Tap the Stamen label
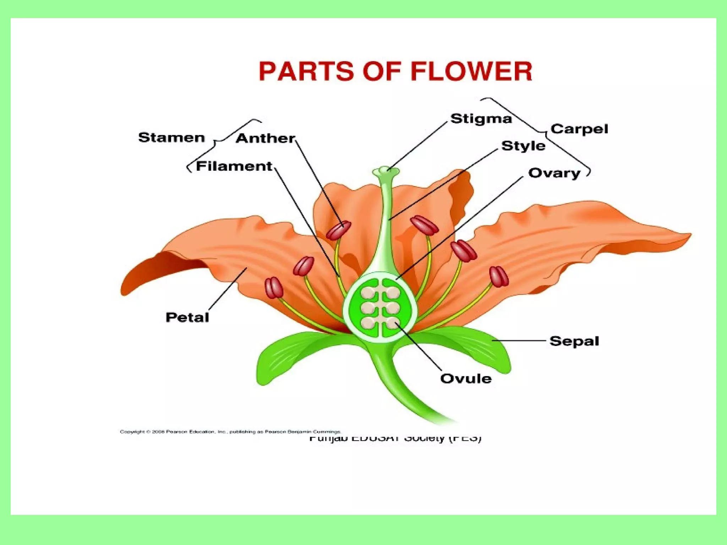tap(171, 138)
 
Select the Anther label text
tap(265, 138)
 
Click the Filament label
tap(234, 166)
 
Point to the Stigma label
tap(481, 119)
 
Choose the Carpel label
tap(579, 129)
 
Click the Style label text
tap(523, 146)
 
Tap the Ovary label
tap(554, 173)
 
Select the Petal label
tap(187, 317)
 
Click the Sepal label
tap(574, 341)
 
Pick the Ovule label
tap(466, 379)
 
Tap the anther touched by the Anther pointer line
tap(338, 230)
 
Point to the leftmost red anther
tap(274, 288)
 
